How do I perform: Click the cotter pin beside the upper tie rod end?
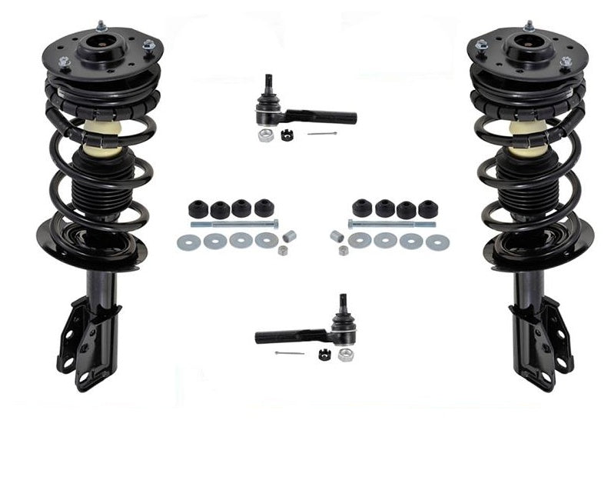(x=322, y=134)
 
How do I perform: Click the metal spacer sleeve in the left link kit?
(x=291, y=236)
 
